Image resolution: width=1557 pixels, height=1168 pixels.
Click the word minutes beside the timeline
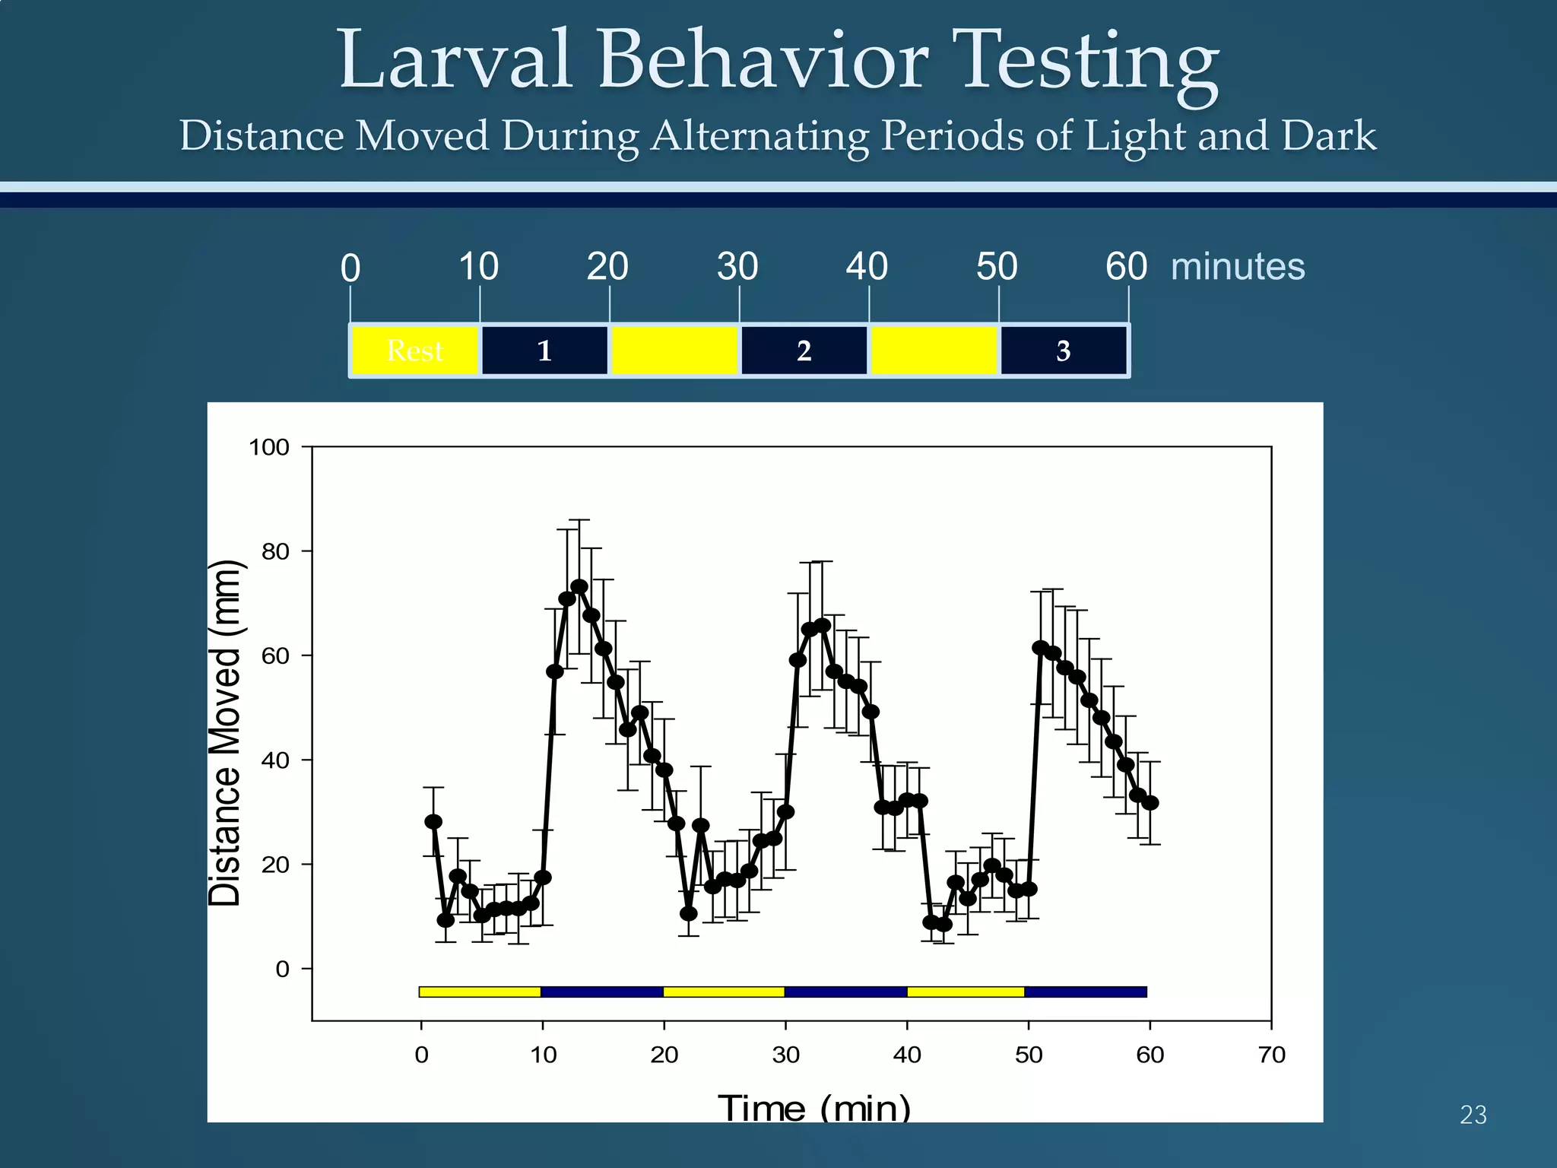[x=1237, y=267]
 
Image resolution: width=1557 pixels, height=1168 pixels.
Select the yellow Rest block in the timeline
[x=415, y=351]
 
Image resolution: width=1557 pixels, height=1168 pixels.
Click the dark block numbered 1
[x=544, y=351]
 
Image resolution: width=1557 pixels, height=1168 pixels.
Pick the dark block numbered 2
[x=804, y=351]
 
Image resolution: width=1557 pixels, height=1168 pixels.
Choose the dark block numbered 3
[x=1063, y=351]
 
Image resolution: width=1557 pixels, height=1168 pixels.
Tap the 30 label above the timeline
[x=737, y=267]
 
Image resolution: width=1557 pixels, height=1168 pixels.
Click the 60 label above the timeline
[x=1126, y=267]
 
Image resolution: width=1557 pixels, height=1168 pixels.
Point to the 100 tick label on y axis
[x=269, y=447]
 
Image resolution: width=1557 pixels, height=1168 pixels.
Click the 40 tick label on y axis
[x=275, y=760]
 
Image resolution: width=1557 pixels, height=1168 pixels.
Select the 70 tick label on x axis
[x=1271, y=1055]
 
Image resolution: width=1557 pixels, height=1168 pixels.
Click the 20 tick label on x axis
[x=664, y=1055]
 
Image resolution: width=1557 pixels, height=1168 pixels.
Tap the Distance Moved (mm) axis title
[x=225, y=732]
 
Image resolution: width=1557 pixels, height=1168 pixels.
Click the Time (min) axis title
[x=813, y=1108]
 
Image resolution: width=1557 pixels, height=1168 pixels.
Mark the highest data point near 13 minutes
[x=579, y=587]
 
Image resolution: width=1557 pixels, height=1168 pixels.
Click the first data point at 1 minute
[x=433, y=822]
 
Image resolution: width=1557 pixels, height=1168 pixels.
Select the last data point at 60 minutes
[x=1150, y=803]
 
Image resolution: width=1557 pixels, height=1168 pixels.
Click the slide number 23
[x=1473, y=1115]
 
